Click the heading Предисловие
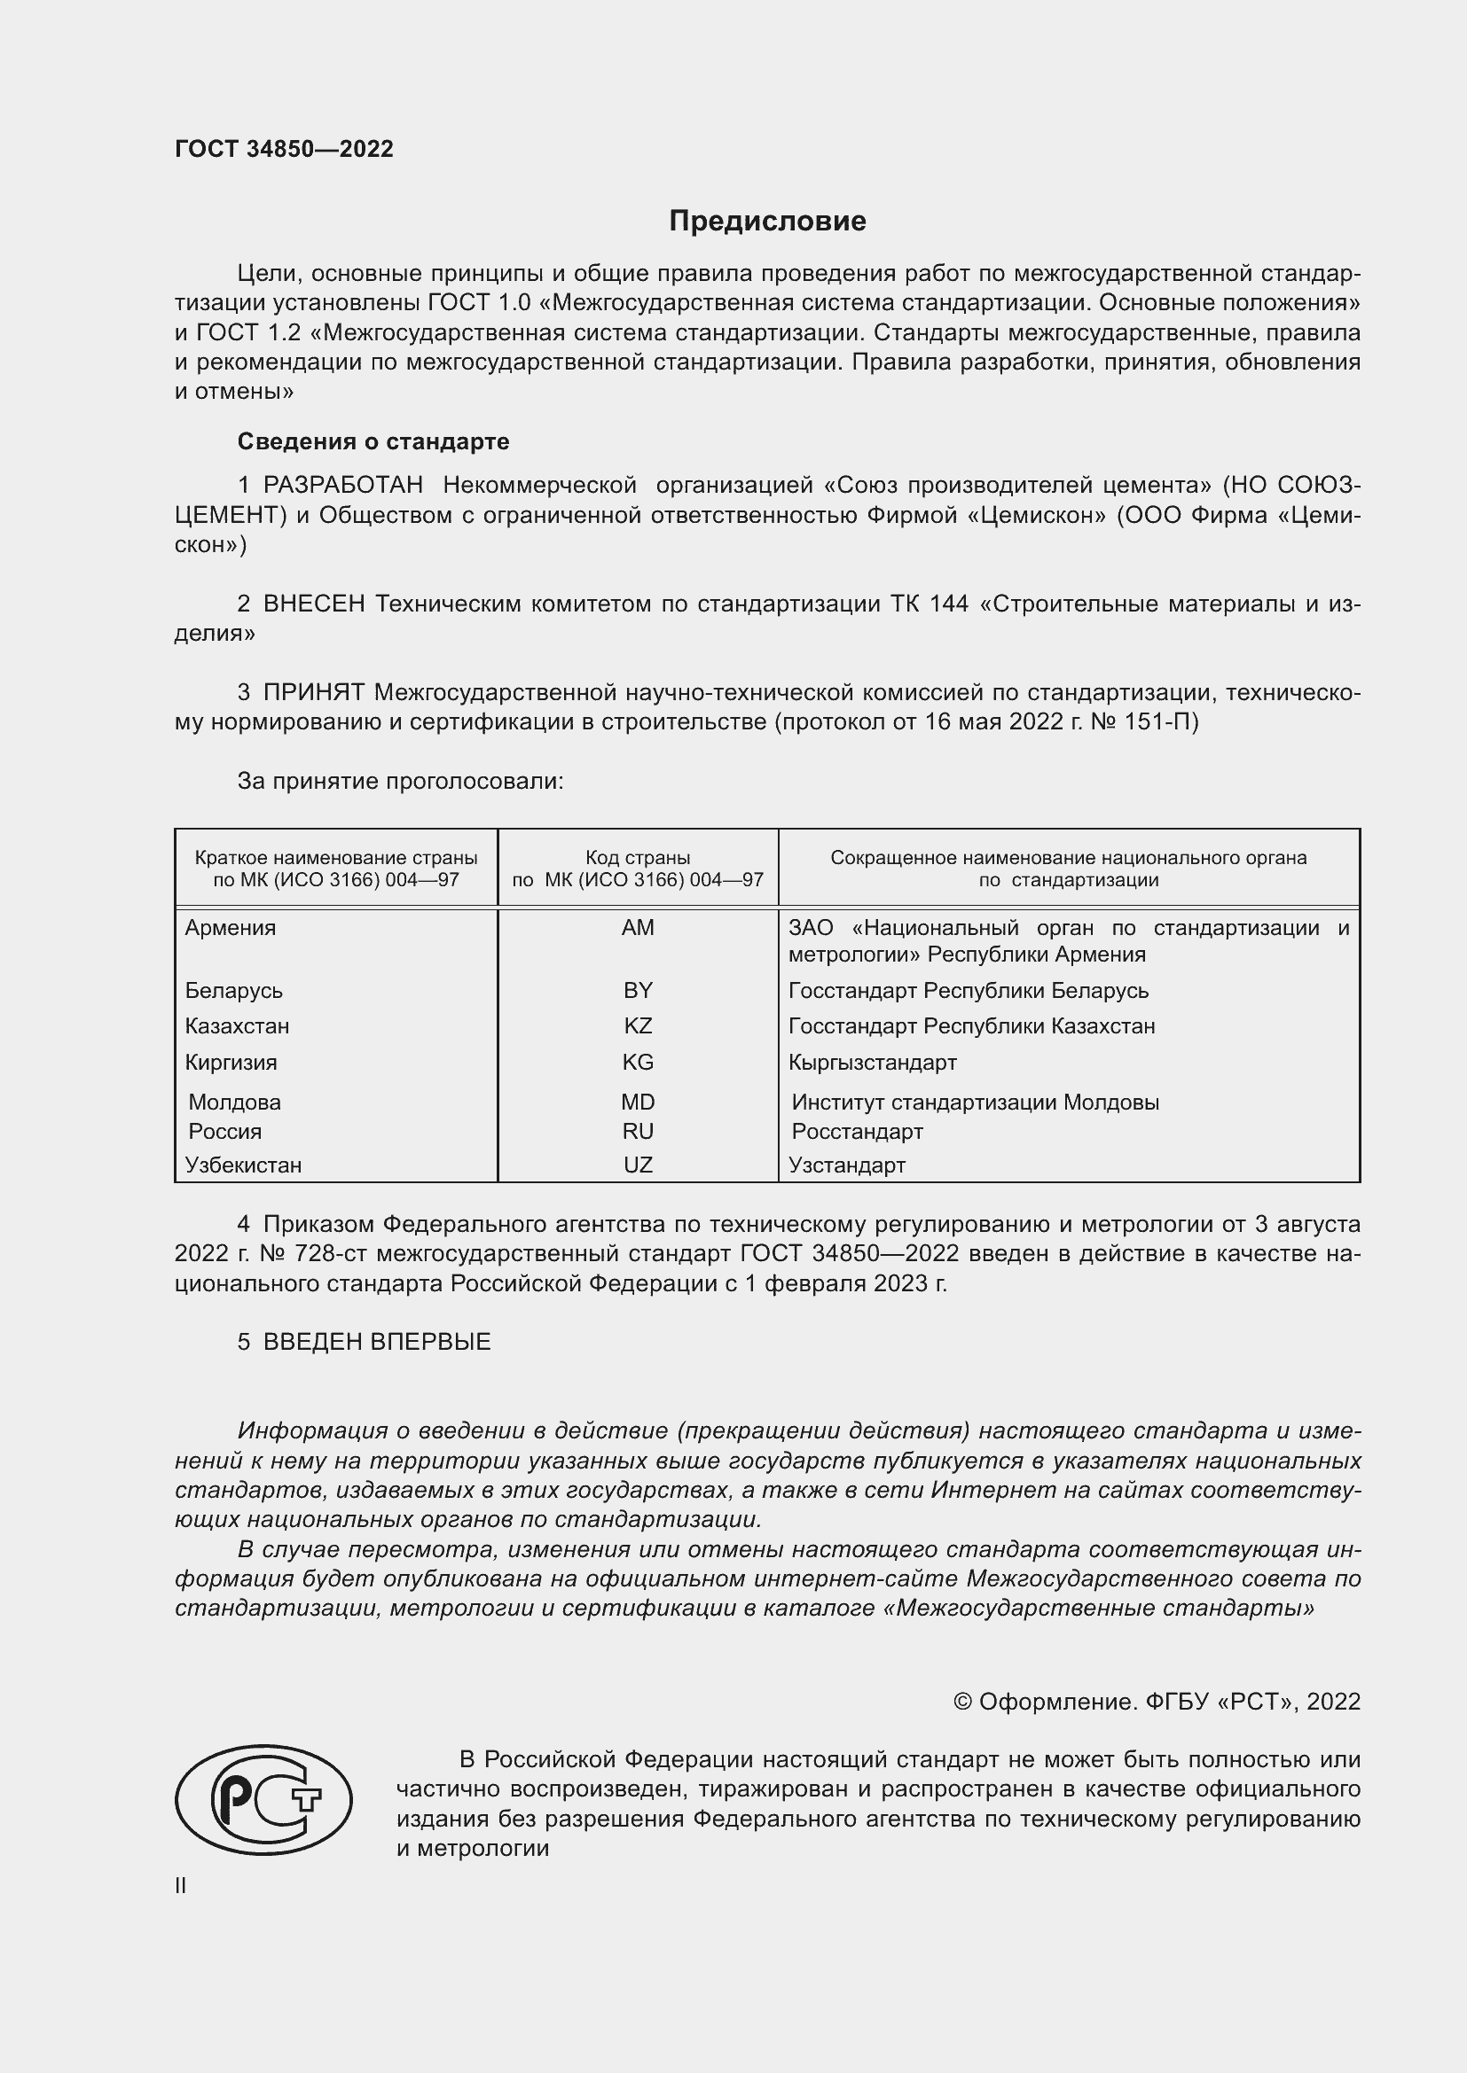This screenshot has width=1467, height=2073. tap(767, 222)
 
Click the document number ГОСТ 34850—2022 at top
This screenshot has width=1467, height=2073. tap(284, 149)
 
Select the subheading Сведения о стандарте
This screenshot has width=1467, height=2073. tap(373, 441)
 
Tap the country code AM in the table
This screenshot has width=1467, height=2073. tap(638, 928)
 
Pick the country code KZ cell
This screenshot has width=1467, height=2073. tap(638, 1026)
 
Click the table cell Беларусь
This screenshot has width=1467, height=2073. tap(234, 992)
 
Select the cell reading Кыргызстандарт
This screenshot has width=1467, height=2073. tap(873, 1063)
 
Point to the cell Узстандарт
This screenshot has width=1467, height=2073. tap(846, 1165)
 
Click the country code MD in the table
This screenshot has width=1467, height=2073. tap(638, 1103)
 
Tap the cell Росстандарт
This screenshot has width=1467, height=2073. tap(858, 1132)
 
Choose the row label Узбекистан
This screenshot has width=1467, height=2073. tap(243, 1165)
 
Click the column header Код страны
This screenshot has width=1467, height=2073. tap(638, 858)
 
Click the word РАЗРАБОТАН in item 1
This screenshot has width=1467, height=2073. tap(343, 486)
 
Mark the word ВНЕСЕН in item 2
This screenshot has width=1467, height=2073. tap(313, 604)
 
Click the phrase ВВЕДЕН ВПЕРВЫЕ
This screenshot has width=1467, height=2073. tap(377, 1342)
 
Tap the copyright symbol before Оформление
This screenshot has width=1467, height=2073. tap(962, 1702)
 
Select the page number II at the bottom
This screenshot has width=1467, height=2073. tap(181, 1885)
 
